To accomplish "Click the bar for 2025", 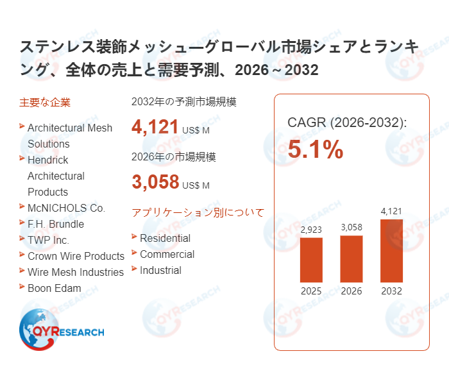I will tap(311, 260).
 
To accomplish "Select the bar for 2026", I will tap(352, 259).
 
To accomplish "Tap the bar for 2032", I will tap(391, 251).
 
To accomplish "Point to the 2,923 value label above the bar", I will tap(311, 230).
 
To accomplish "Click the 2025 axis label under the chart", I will tap(311, 291).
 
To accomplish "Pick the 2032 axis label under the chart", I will tap(391, 291).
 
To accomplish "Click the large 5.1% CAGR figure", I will tap(315, 149).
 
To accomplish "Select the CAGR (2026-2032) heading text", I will tap(346, 123).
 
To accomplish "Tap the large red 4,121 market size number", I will tap(155, 127).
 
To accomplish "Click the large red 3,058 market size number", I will tap(155, 182).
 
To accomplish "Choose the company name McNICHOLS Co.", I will tap(66, 208).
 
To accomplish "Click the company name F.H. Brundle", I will tap(56, 224).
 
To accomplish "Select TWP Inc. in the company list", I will tap(48, 240).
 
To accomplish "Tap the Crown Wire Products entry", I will tap(76, 256).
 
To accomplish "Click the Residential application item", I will tap(165, 238).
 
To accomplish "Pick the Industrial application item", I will tap(160, 270).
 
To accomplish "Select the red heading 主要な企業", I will tap(45, 102).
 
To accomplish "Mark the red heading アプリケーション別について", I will tap(198, 212).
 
